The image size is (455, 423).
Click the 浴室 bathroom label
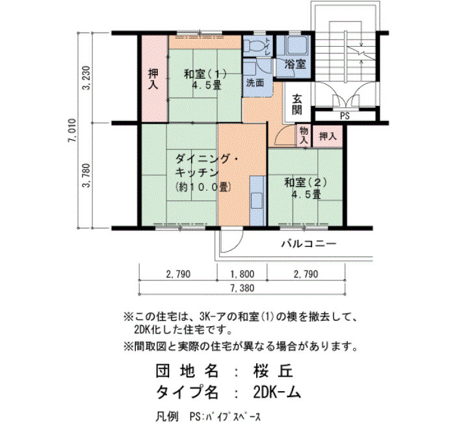tap(295, 64)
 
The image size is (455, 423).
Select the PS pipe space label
tap(344, 116)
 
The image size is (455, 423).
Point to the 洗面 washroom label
tap(255, 83)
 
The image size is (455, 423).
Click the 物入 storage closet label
tap(304, 135)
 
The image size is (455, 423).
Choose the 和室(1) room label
tap(205, 75)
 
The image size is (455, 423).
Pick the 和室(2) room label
tap(305, 183)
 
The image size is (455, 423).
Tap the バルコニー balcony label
tap(309, 243)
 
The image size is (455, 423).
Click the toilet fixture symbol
tap(253, 46)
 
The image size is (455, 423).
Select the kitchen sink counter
tap(257, 200)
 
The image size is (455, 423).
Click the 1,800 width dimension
tap(242, 274)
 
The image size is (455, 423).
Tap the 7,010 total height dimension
tap(72, 130)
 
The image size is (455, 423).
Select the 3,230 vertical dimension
tap(86, 78)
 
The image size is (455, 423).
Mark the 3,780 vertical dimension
tap(86, 176)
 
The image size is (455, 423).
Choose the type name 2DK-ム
tap(277, 393)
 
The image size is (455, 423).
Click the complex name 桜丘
tap(273, 371)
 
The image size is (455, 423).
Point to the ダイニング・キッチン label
tap(207, 165)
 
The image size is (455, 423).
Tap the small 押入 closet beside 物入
tap(328, 136)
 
